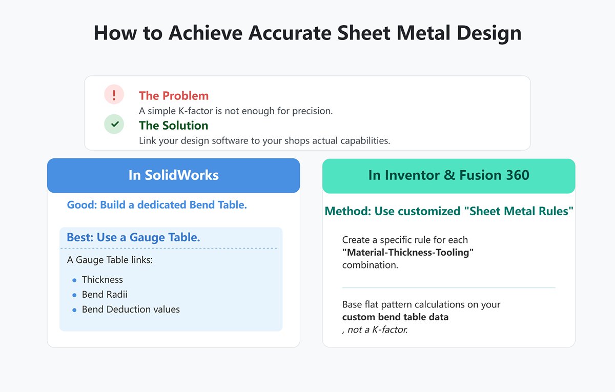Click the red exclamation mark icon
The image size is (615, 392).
[x=114, y=95]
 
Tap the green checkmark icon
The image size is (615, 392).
[x=114, y=124]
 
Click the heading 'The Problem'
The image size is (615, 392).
[x=174, y=96]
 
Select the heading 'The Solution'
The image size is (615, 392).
[x=173, y=126]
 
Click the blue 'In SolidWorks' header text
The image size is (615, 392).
[x=173, y=175]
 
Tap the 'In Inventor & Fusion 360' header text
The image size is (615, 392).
[x=448, y=175]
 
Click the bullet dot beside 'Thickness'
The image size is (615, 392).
[x=74, y=280]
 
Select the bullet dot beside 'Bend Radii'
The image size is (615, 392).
[x=74, y=295]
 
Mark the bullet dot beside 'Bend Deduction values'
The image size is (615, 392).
[x=74, y=310]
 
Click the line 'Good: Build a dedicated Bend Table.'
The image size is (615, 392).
[x=157, y=205]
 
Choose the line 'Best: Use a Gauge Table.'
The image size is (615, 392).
[x=133, y=238]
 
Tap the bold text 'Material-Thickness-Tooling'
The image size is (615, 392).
[x=408, y=253]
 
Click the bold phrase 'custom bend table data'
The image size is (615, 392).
[x=395, y=317]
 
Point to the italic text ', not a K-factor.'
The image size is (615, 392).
[x=375, y=330]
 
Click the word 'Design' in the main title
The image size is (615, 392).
[x=488, y=33]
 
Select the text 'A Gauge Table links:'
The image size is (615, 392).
[x=110, y=260]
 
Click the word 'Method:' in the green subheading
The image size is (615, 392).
[x=344, y=211]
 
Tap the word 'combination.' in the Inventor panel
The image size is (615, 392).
[x=370, y=265]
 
